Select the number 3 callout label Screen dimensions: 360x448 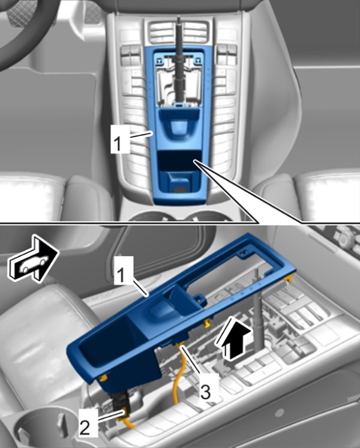(206, 391)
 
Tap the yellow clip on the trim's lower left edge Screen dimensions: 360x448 (104, 378)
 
